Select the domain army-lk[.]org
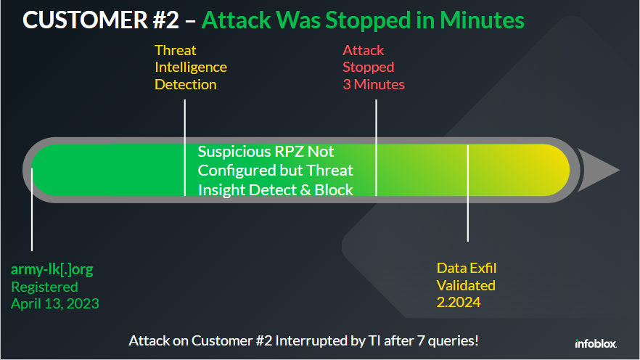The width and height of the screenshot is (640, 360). tap(52, 270)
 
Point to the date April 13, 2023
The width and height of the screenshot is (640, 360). tap(55, 303)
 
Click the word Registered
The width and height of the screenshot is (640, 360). tap(44, 287)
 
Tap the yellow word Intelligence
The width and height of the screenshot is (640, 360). tap(191, 67)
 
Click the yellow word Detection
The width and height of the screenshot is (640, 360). tap(186, 84)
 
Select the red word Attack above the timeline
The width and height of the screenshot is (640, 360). tap(364, 51)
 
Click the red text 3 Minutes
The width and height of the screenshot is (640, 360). tap(374, 84)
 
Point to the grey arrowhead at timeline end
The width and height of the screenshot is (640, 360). tap(599, 170)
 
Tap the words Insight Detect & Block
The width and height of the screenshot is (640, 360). tap(276, 190)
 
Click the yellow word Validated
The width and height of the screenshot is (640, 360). tap(466, 285)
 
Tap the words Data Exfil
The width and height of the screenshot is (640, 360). tap(467, 268)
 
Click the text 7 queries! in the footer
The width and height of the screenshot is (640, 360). tap(446, 340)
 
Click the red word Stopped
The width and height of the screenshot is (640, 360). tap(369, 67)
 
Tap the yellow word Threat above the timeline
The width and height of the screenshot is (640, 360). tap(176, 51)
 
